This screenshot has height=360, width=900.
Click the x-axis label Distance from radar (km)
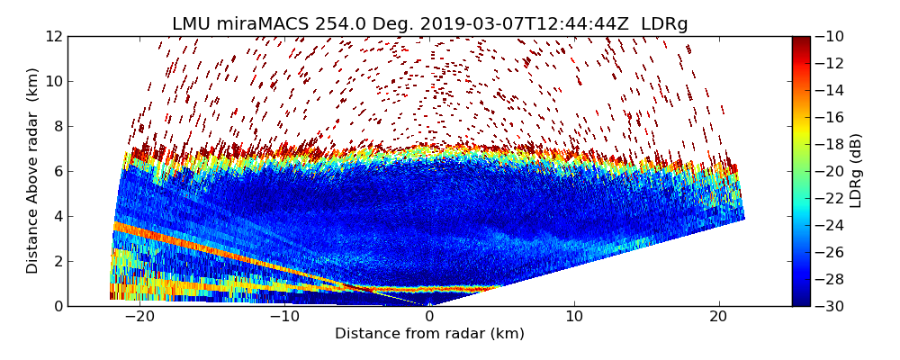click(429, 334)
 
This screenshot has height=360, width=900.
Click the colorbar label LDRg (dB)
click(856, 171)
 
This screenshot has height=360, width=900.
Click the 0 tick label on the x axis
click(429, 318)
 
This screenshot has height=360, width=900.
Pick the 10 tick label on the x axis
click(574, 318)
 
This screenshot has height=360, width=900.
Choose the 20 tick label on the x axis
click(718, 318)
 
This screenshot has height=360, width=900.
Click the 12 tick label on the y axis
click(53, 36)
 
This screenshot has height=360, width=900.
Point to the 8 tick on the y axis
click(57, 126)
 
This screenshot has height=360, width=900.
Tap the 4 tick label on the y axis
click(57, 216)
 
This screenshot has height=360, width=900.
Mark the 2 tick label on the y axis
click(57, 261)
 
